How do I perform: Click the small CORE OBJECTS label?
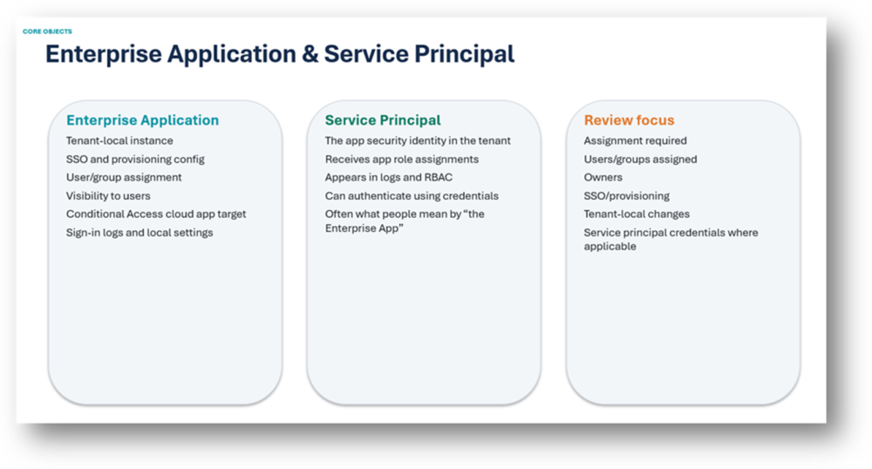coord(47,31)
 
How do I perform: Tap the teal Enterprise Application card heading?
coord(142,120)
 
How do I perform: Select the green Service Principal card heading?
coord(383,120)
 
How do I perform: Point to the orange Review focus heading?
coord(629,120)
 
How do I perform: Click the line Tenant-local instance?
coord(119,140)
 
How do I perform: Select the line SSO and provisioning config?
coord(135,160)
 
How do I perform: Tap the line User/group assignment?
coord(124,177)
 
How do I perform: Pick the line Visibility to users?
coord(108,195)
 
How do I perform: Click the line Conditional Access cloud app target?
coord(156,214)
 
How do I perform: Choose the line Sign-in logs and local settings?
coord(140,232)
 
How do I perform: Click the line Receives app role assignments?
coord(401,160)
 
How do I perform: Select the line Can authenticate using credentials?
coord(412,195)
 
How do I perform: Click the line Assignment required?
coord(635,140)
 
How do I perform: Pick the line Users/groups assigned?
coord(640,160)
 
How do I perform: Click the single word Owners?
coord(603,177)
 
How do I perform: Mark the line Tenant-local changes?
coord(637,214)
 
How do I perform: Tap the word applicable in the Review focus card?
coord(610,246)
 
